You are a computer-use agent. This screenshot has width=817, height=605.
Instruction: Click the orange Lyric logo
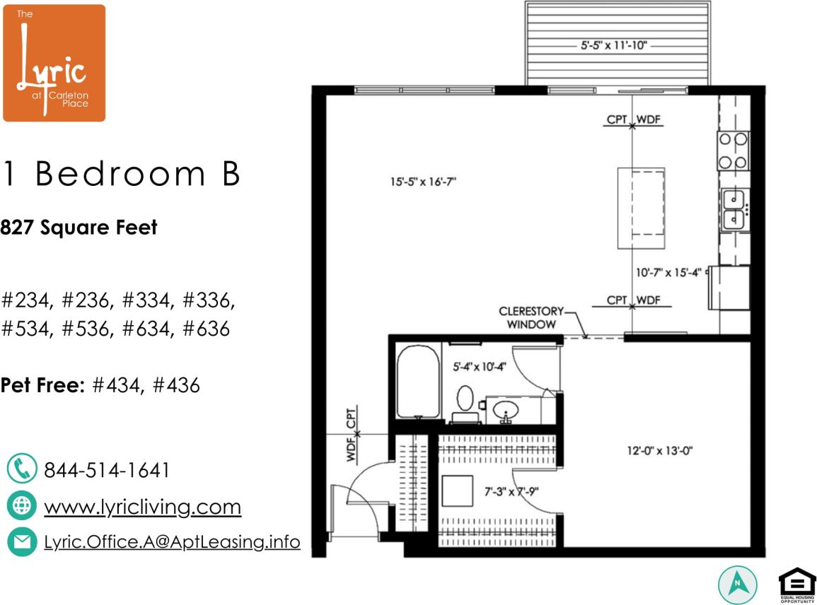(x=54, y=63)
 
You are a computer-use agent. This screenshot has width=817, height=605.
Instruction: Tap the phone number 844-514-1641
(x=107, y=471)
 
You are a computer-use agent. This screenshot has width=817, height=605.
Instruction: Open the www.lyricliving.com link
(x=142, y=507)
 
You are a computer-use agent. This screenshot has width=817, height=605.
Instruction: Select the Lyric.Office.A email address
(x=172, y=542)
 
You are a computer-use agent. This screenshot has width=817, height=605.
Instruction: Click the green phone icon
(x=21, y=469)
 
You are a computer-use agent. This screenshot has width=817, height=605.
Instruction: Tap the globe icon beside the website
(x=21, y=505)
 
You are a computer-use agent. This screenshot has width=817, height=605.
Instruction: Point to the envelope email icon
(x=21, y=542)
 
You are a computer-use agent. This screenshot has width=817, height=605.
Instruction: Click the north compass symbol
(x=738, y=585)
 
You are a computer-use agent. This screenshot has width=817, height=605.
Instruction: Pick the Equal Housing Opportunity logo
(x=796, y=585)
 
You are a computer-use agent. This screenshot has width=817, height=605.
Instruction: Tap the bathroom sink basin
(x=506, y=409)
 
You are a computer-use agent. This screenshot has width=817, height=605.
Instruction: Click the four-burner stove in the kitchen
(x=734, y=151)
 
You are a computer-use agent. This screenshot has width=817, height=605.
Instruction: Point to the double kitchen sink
(x=735, y=209)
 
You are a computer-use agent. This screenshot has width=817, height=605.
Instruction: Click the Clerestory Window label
(x=531, y=317)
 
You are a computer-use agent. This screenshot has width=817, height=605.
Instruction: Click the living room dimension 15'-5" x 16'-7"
(x=423, y=181)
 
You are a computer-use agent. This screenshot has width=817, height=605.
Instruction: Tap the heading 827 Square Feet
(x=79, y=228)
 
